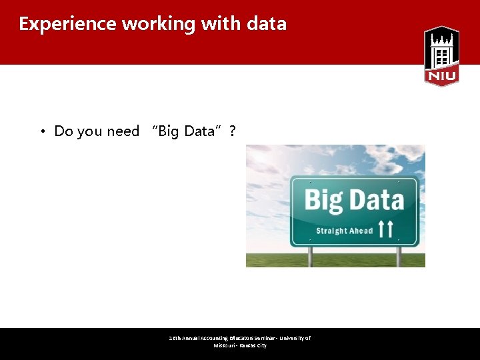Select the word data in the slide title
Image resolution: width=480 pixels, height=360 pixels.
[x=266, y=24]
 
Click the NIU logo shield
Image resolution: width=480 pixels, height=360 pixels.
[x=441, y=56]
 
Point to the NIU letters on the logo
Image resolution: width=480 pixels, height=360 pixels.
[x=441, y=76]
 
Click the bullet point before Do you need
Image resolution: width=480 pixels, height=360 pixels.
[x=42, y=131]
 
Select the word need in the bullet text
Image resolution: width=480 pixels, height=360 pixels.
[x=123, y=131]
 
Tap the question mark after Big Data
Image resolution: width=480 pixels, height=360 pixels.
[x=232, y=131]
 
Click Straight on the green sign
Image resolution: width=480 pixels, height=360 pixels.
[x=331, y=231]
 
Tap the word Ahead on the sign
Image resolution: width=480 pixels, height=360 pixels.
[x=361, y=231]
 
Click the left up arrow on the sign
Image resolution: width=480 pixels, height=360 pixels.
[x=381, y=230]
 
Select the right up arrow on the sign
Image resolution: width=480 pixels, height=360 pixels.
[x=391, y=230]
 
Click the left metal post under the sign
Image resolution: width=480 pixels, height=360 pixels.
[x=310, y=257]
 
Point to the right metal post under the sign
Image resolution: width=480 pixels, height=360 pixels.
[x=399, y=257]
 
